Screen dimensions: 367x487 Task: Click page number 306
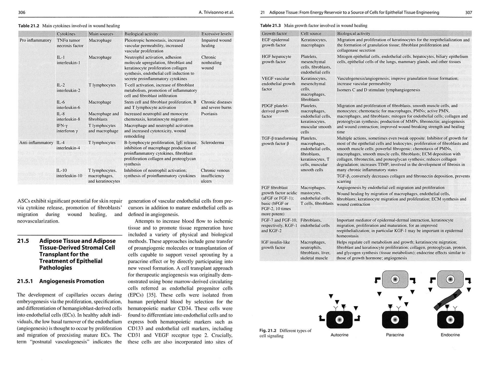pyautogui.click(x=22, y=12)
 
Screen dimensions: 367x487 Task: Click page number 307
pyautogui.click(x=468, y=12)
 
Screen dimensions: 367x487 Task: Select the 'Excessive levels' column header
pyautogui.click(x=216, y=34)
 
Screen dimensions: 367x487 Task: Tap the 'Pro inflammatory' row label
pyautogui.click(x=35, y=40)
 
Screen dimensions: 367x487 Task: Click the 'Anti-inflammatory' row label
pyautogui.click(x=36, y=143)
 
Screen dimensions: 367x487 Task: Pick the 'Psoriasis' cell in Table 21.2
pyautogui.click(x=209, y=114)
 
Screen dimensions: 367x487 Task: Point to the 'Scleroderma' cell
pyautogui.click(x=212, y=143)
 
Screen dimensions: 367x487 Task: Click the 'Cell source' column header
pyautogui.click(x=311, y=33)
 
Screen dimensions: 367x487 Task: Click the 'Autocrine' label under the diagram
pyautogui.click(x=339, y=335)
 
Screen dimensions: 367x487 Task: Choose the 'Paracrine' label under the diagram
pyautogui.click(x=395, y=335)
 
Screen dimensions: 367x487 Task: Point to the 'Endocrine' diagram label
pyautogui.click(x=450, y=335)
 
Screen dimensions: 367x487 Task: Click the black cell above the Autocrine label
pyautogui.click(x=339, y=320)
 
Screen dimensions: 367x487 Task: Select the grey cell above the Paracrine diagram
pyautogui.click(x=395, y=279)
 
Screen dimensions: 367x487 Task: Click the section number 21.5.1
pyautogui.click(x=25, y=281)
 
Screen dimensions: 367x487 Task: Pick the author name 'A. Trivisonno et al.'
pyautogui.click(x=216, y=12)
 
